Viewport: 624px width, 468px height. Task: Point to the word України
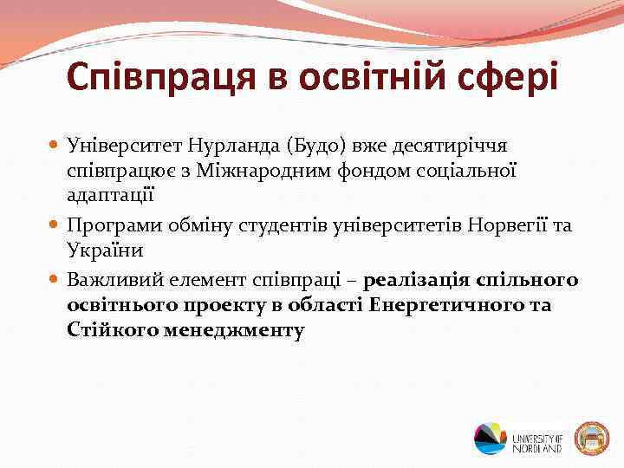[x=102, y=249]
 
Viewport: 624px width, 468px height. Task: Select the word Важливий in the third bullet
[x=114, y=281]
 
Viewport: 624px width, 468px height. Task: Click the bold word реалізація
[x=416, y=281]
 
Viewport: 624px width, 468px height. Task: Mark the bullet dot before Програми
[x=55, y=226]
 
